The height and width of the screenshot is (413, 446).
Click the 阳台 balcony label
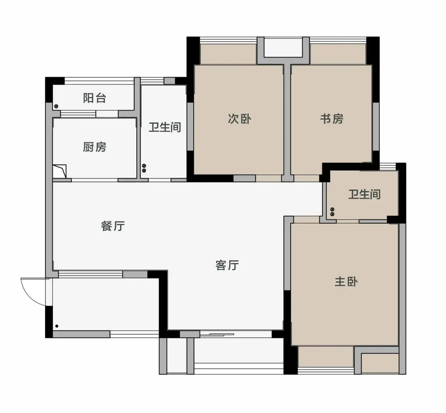95,98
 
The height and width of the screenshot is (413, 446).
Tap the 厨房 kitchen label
95,147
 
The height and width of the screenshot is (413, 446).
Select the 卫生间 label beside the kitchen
165,127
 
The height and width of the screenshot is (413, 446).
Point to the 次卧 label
240,119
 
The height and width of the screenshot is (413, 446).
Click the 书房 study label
332,119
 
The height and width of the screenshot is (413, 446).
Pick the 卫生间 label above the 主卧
364,194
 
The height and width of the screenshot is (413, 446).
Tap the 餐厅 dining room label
113,226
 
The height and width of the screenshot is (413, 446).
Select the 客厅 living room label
227,265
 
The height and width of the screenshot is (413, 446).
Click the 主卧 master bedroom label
346,282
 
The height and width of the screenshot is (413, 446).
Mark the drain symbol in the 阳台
56,106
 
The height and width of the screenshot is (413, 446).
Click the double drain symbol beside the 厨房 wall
144,168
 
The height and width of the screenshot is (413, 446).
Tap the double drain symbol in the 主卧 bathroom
332,212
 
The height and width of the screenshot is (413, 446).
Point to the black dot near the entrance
57,326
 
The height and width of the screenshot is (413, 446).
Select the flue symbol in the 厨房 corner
60,171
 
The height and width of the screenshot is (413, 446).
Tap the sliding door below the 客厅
217,335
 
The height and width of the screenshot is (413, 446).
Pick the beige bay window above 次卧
229,54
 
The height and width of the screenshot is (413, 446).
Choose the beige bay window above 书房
338,54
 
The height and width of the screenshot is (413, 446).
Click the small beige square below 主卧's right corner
380,363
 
